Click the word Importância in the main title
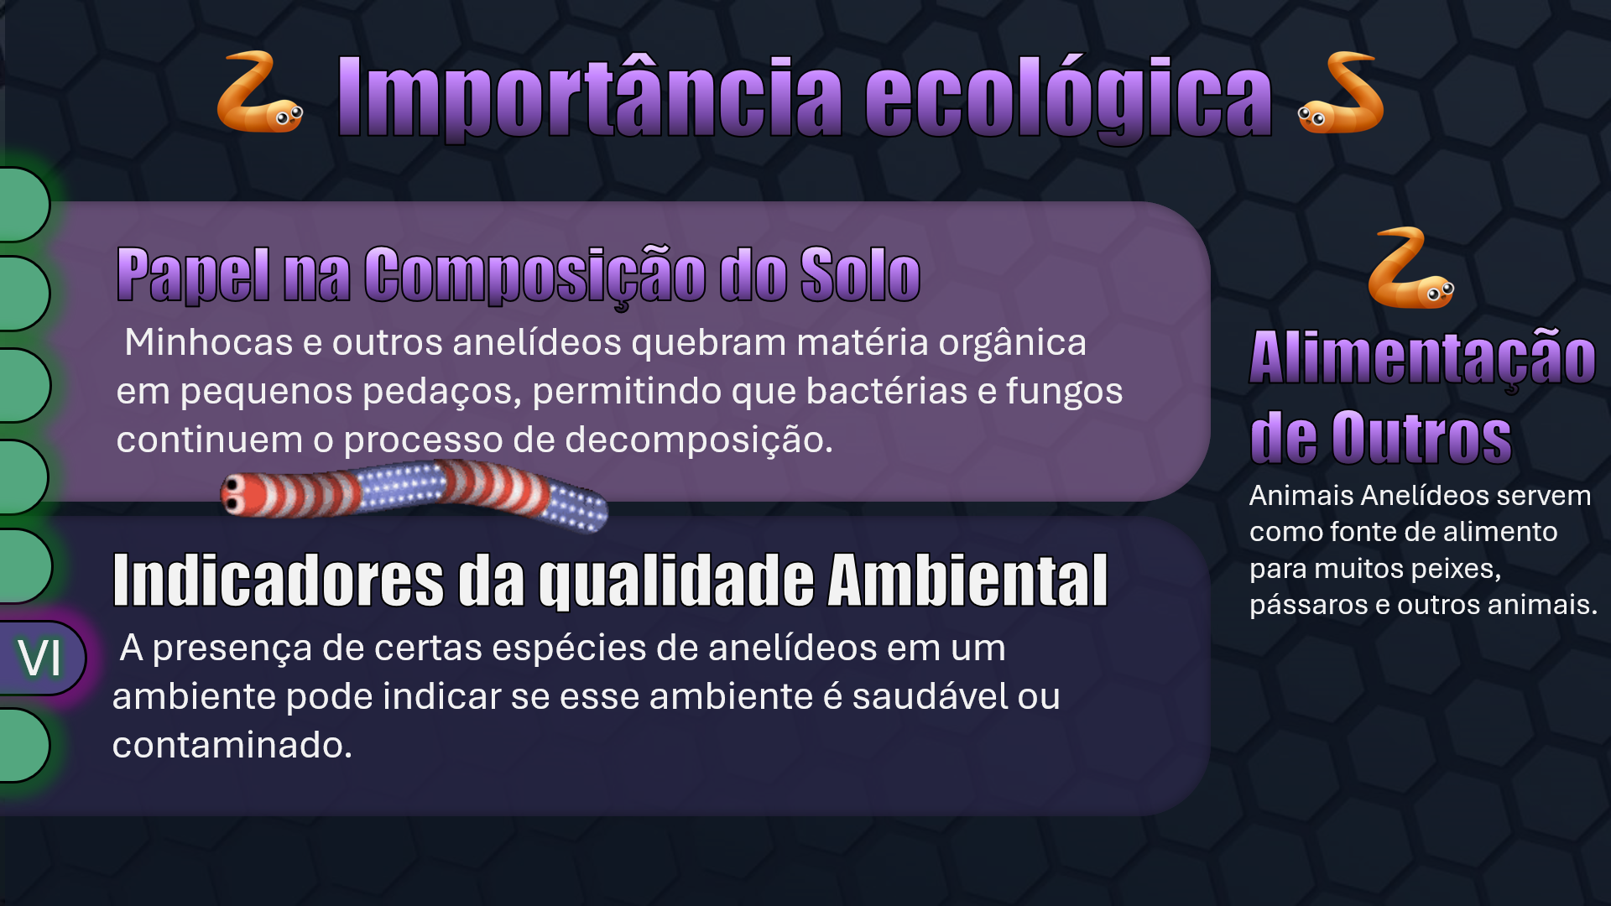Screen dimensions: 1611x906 coord(590,96)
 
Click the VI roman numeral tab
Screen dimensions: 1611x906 coord(40,659)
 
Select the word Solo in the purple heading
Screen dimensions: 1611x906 coord(860,274)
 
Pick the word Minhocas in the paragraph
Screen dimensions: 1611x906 coord(208,342)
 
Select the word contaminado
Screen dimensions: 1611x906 coord(232,745)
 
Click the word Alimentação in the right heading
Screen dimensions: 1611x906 coord(1422,358)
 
